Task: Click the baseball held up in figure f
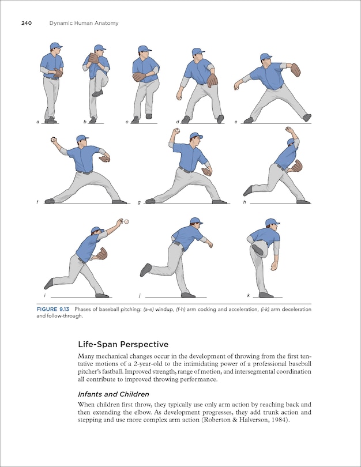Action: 53,140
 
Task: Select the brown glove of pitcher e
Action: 295,70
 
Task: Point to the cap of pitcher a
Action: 55,46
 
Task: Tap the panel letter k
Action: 248,296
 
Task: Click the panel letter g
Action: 139,202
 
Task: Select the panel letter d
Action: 177,122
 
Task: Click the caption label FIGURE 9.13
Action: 55,310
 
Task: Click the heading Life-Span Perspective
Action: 123,345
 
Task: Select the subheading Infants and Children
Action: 114,394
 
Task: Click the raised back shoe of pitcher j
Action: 146,269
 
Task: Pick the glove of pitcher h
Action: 296,166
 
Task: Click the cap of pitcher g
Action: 196,136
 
